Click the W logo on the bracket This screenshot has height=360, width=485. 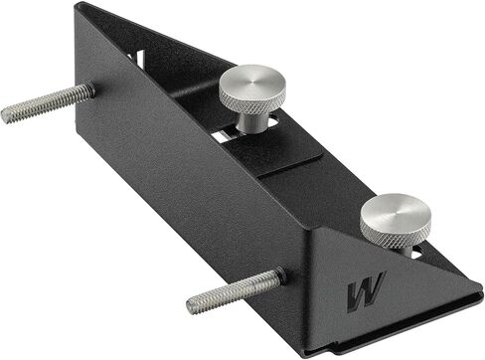[x=367, y=292]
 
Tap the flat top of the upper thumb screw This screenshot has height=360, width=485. [x=252, y=80]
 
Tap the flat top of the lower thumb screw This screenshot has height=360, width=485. [x=396, y=211]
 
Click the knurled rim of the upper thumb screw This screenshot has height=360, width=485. [x=251, y=102]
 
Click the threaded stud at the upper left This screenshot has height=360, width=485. [x=48, y=102]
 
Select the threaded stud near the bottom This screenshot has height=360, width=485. [x=235, y=291]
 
